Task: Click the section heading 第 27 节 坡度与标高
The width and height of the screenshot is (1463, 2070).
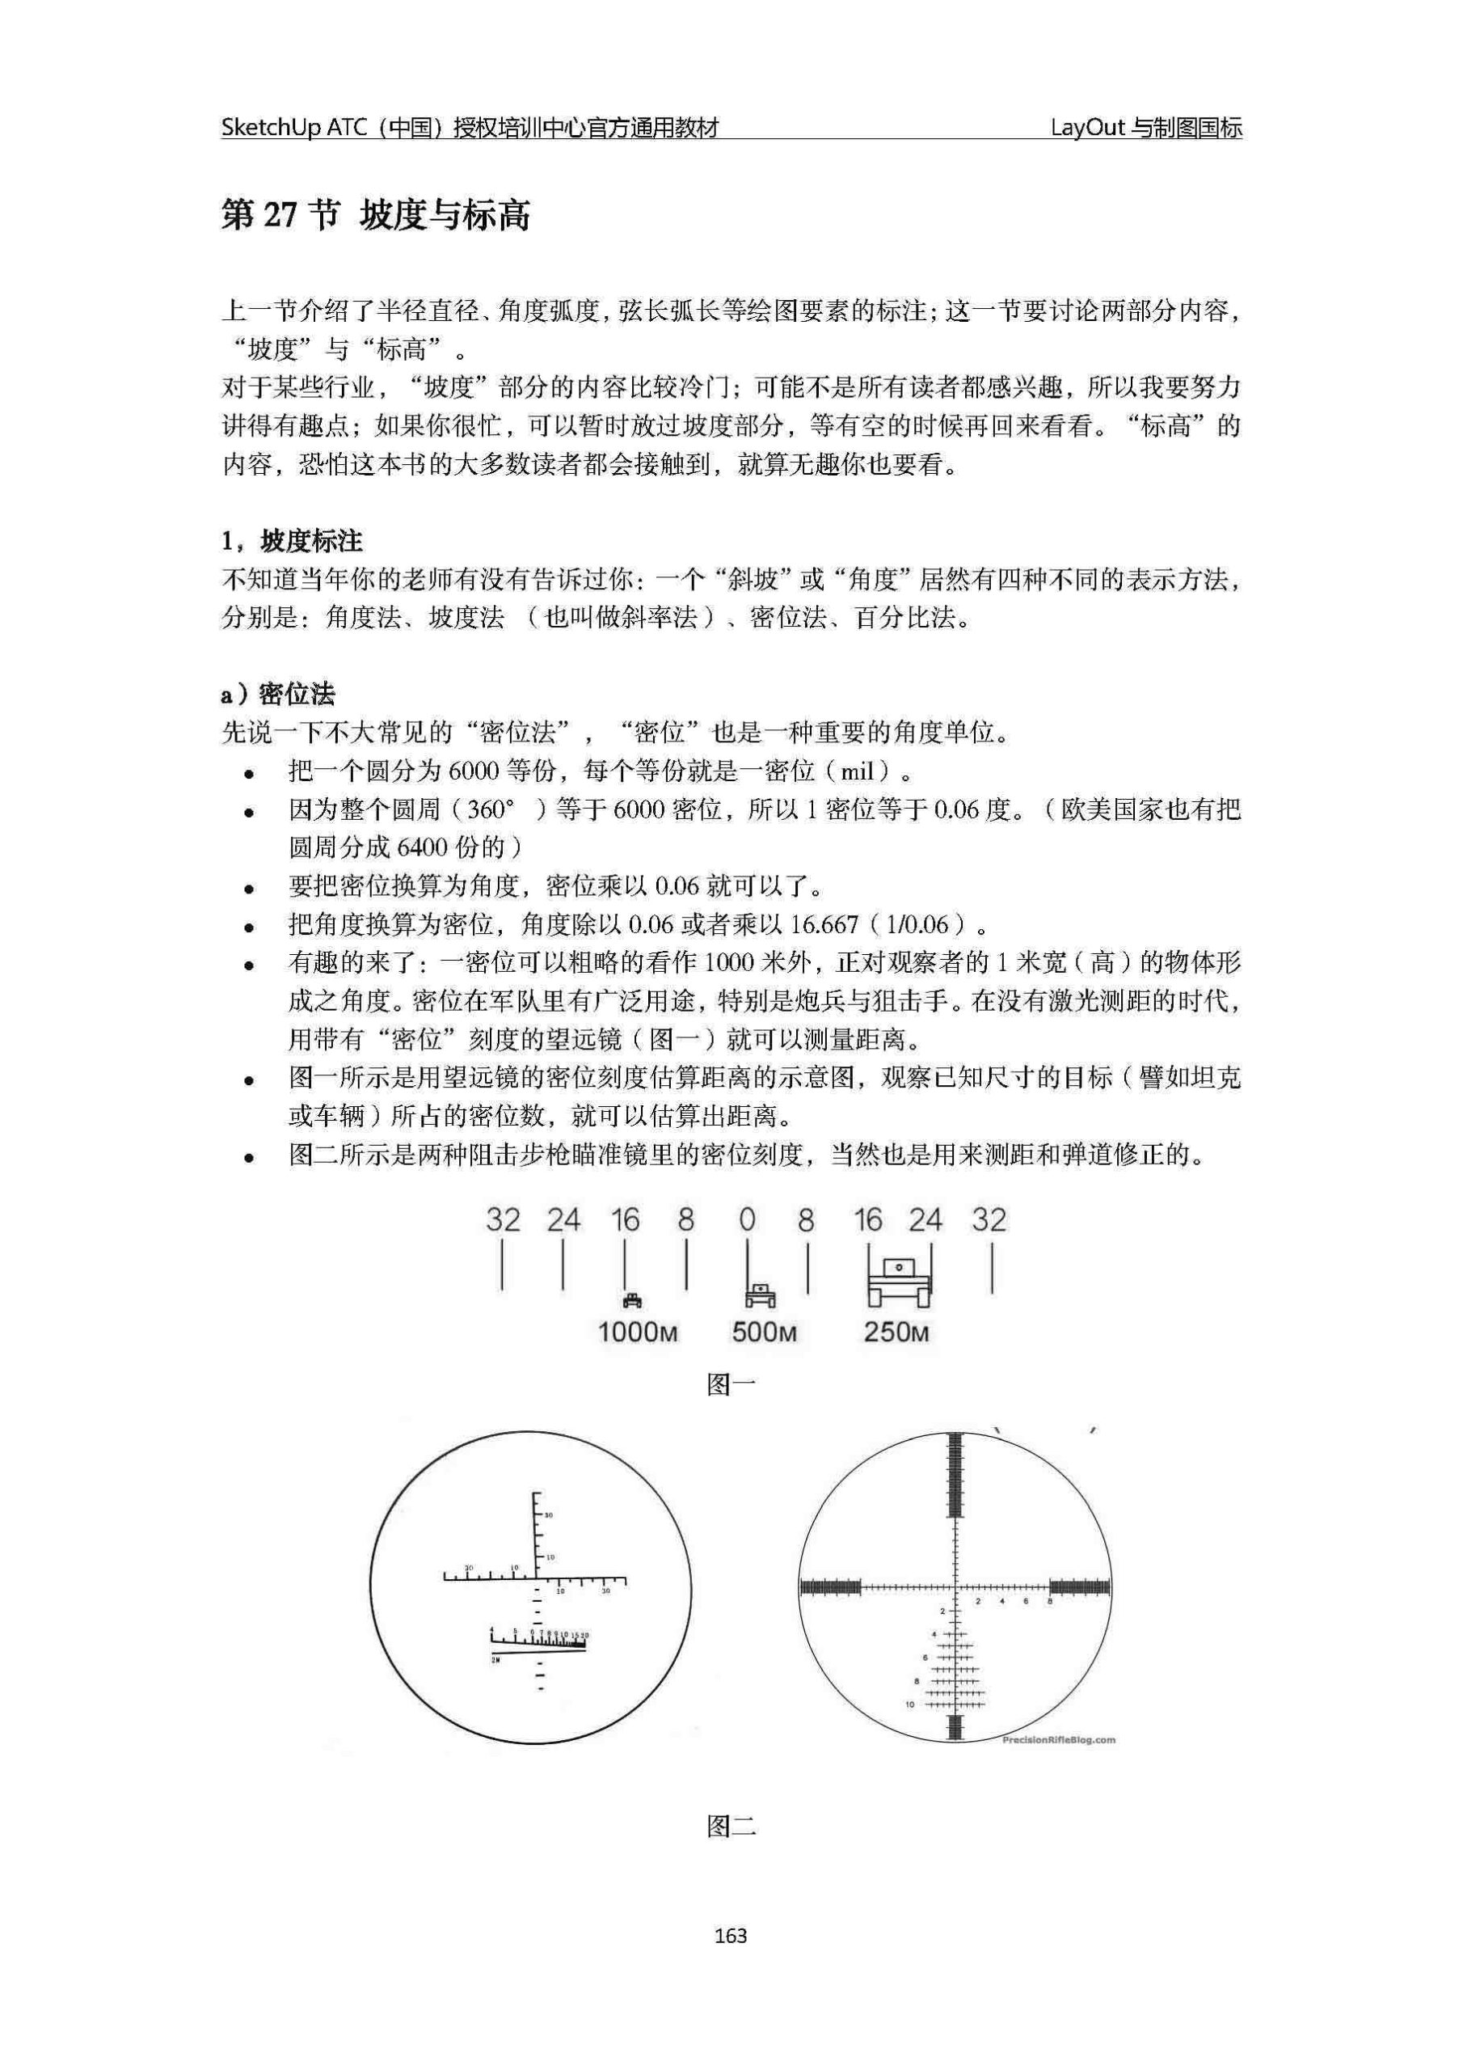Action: (x=376, y=217)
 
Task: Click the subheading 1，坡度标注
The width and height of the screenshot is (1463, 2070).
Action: (x=292, y=541)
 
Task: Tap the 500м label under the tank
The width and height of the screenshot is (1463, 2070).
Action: (x=765, y=1332)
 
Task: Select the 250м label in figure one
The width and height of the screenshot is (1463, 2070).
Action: (x=896, y=1332)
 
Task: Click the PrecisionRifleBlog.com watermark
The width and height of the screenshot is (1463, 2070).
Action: (x=1058, y=1740)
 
